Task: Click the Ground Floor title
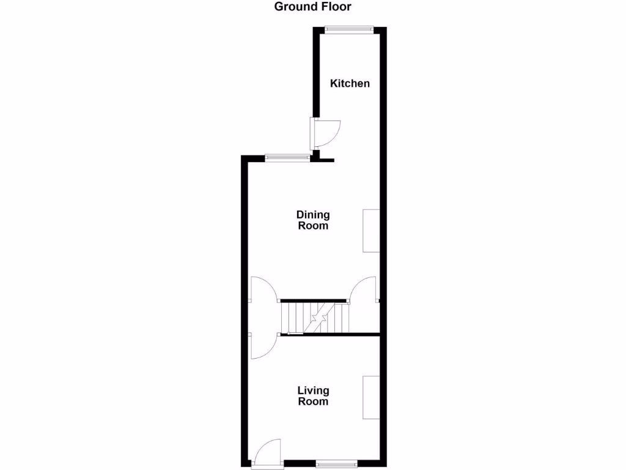tap(312, 7)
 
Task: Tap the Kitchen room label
tap(350, 83)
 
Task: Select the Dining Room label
tap(313, 220)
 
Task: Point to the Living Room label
tap(313, 396)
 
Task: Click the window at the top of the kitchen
tap(349, 28)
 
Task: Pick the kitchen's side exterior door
tap(324, 133)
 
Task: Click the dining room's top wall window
tap(287, 157)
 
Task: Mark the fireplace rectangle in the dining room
tap(371, 231)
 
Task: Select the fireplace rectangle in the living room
tap(371, 398)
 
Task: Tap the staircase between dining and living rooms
tap(314, 318)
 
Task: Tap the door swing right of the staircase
tap(365, 289)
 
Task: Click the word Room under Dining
tap(313, 226)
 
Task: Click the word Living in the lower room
tap(313, 390)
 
